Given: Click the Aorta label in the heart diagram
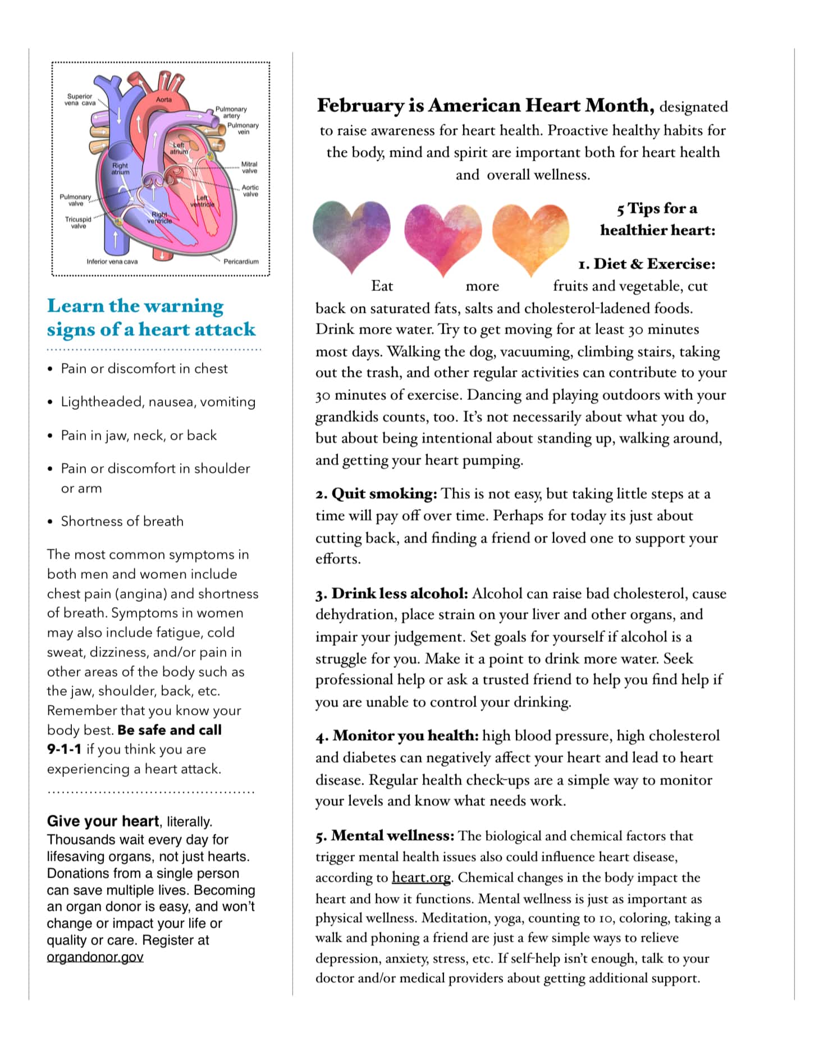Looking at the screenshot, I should point(164,99).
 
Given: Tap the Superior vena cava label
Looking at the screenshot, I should point(80,99).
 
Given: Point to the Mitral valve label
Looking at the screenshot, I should point(249,167).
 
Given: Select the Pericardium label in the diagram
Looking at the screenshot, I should point(241,262).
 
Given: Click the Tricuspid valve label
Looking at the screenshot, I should point(78,222).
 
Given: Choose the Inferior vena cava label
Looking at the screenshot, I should point(112,262).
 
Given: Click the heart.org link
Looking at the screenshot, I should point(421,878).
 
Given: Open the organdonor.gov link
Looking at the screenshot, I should point(95,957).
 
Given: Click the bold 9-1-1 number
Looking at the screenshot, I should point(64,749).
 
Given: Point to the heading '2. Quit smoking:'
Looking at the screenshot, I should point(376,494).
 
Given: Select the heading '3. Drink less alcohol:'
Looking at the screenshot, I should point(391,593).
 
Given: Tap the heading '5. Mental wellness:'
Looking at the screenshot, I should point(385,835).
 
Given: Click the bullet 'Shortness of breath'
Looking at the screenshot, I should point(122,521).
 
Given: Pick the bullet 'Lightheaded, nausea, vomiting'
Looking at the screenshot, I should point(158,401).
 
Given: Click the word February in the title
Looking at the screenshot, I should point(360,105).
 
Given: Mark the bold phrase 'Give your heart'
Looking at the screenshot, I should point(103,821).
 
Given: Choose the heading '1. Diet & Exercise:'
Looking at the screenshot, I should point(647,264).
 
